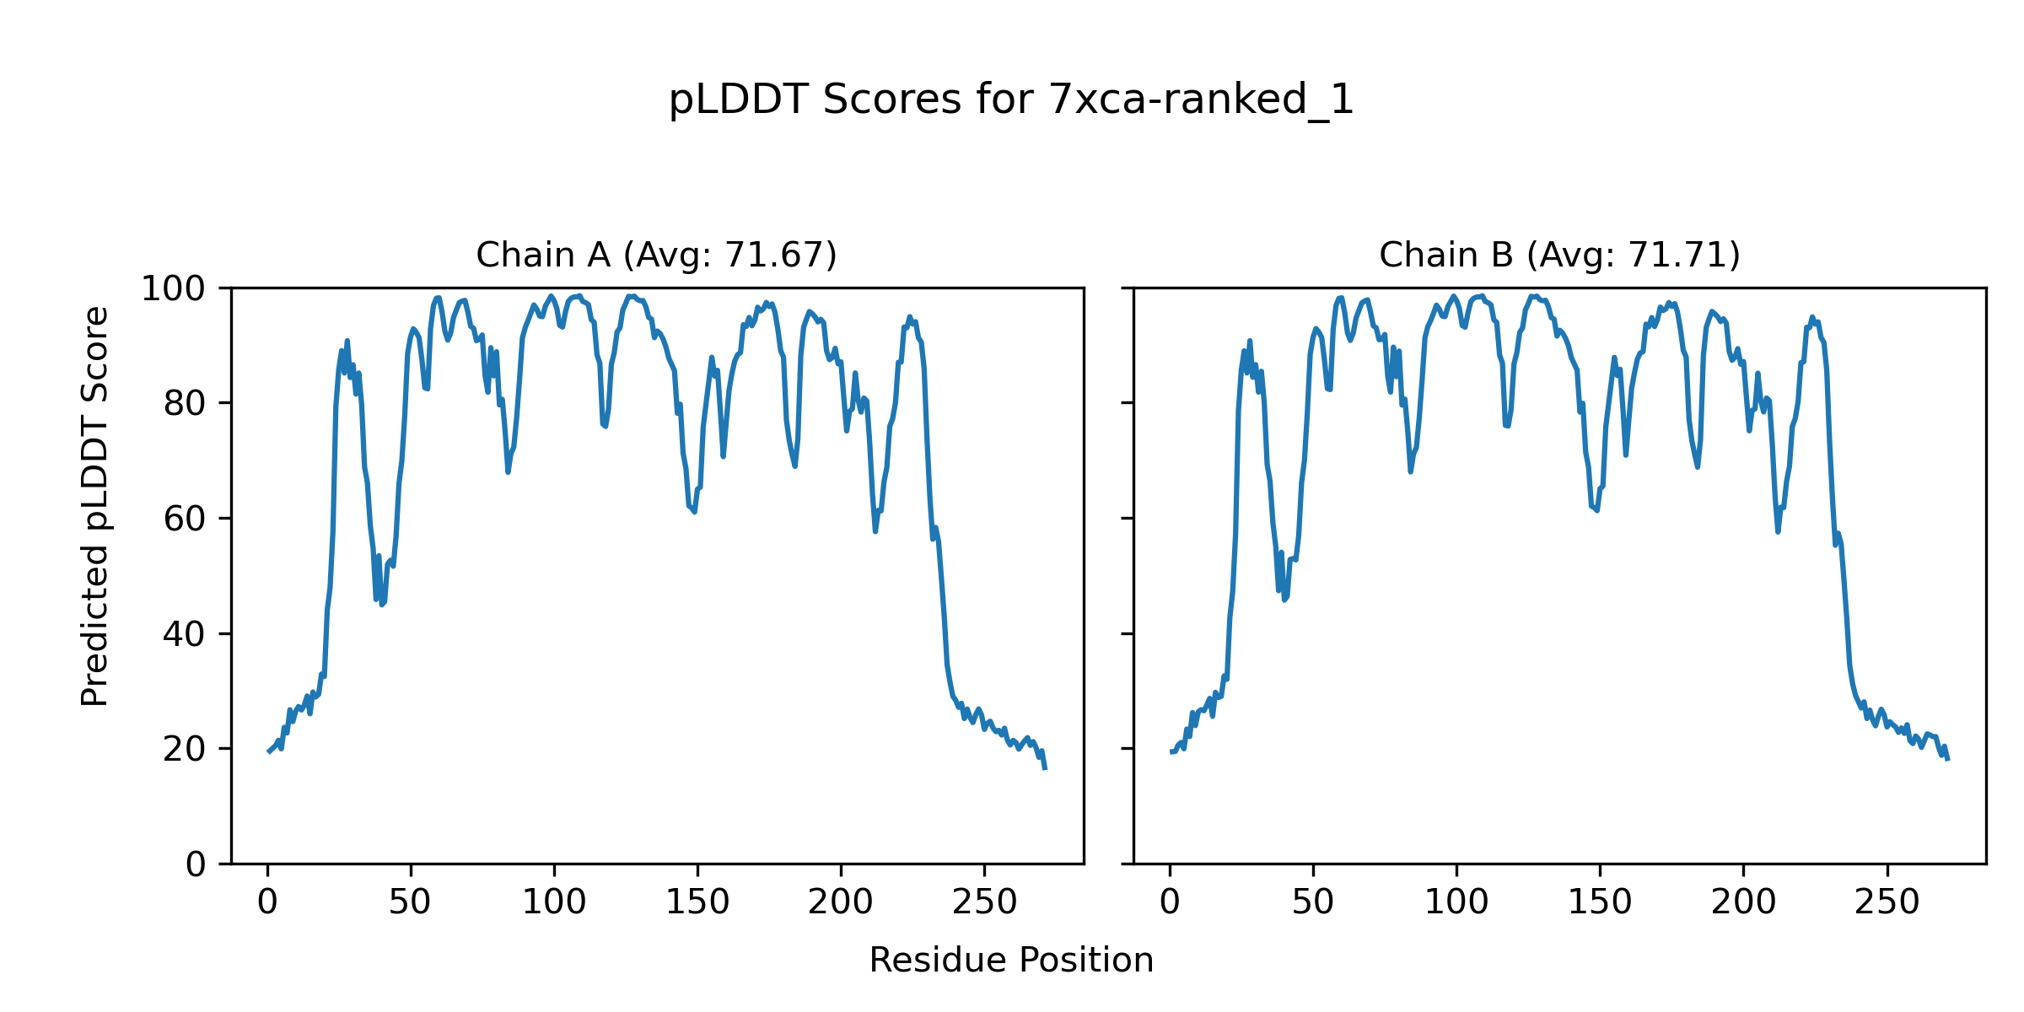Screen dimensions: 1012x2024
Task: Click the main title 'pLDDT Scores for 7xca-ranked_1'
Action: coord(1011,100)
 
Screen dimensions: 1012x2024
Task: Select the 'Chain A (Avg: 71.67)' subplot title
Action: coord(656,255)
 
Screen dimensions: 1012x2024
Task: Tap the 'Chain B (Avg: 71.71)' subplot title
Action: coord(1559,255)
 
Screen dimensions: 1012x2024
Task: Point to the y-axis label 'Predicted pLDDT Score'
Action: coord(95,506)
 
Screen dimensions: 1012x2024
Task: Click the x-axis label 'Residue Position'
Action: coord(1011,961)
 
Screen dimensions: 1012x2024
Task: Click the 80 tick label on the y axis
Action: coord(185,404)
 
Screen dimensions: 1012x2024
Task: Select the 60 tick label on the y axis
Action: coord(185,519)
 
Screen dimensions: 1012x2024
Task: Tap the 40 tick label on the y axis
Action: coord(185,634)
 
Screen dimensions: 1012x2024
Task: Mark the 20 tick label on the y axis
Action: coord(185,749)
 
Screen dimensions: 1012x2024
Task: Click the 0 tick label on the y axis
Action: coord(196,864)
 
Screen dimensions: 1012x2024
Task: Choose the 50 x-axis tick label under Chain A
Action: coord(411,902)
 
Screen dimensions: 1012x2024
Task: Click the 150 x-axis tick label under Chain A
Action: coord(697,902)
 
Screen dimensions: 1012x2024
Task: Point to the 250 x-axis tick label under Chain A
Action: coord(984,902)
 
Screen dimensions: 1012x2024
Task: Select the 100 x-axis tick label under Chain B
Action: coord(1456,902)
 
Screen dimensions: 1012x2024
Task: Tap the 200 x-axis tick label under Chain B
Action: coord(1743,902)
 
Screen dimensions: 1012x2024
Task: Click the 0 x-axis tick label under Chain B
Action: coord(1170,902)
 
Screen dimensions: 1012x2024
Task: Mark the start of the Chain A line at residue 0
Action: coord(268,751)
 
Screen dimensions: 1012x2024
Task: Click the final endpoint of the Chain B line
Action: coord(1948,760)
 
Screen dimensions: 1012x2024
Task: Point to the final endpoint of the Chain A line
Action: coord(1046,769)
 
